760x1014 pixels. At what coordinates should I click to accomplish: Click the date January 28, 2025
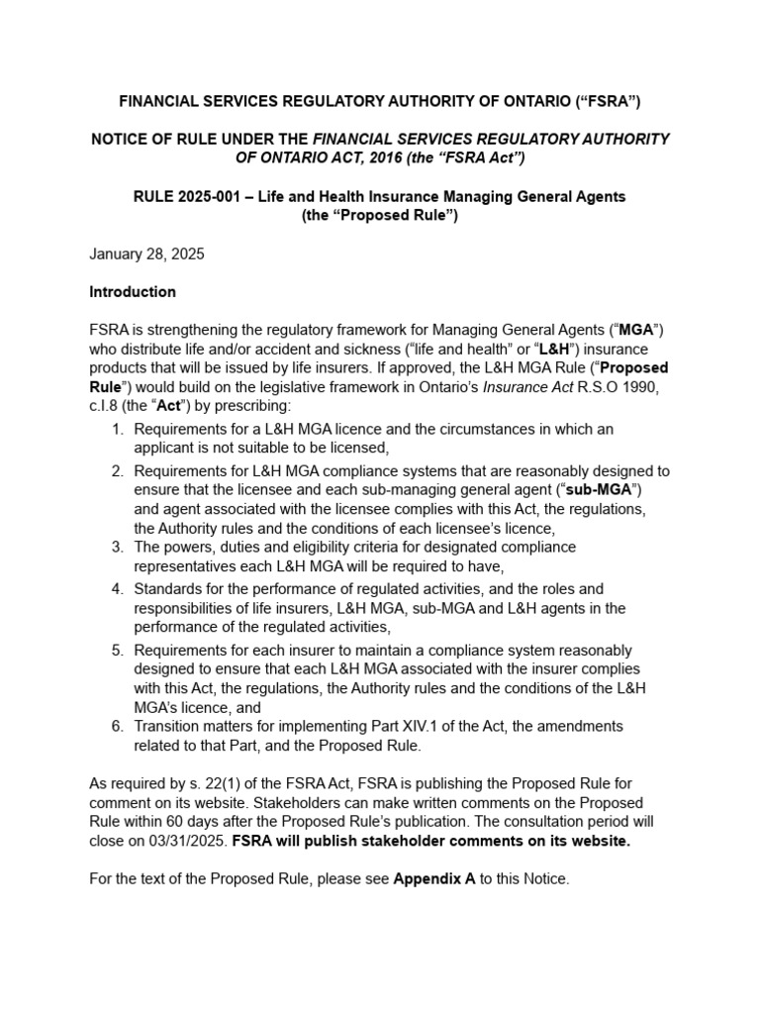click(x=146, y=253)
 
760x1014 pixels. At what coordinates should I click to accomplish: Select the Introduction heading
click(x=133, y=292)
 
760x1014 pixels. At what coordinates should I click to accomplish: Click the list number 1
click(x=117, y=429)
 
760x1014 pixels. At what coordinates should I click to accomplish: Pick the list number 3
click(x=117, y=547)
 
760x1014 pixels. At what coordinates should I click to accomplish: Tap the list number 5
click(x=117, y=650)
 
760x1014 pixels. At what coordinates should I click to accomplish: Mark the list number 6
click(x=117, y=726)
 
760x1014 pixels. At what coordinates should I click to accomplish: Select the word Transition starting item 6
click(x=169, y=726)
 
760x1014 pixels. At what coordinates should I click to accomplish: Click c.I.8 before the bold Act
click(x=107, y=406)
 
